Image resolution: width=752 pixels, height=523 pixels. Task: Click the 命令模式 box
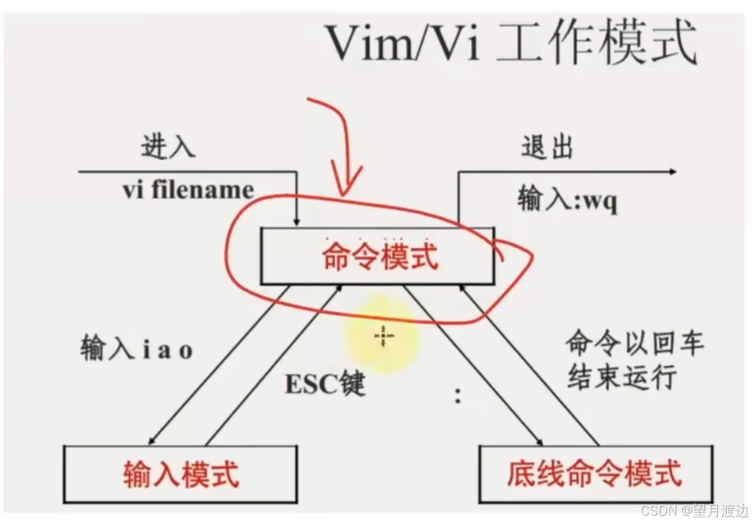(x=380, y=256)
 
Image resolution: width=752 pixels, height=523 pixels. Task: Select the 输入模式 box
(x=181, y=474)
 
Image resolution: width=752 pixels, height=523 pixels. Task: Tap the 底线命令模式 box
(x=595, y=474)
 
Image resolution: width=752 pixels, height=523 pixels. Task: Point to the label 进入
(x=168, y=148)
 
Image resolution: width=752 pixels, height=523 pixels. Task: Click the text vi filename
(x=188, y=190)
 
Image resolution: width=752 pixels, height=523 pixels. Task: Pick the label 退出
(x=547, y=148)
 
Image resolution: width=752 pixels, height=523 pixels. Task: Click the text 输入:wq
(x=568, y=199)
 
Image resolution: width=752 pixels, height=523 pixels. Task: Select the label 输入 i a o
(x=137, y=348)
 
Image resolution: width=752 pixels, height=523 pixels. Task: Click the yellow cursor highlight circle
(x=383, y=338)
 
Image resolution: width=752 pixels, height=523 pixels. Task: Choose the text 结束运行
(x=622, y=378)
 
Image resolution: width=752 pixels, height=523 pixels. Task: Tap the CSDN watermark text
(x=694, y=509)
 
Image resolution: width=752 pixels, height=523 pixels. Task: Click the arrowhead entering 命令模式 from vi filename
(x=296, y=220)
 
